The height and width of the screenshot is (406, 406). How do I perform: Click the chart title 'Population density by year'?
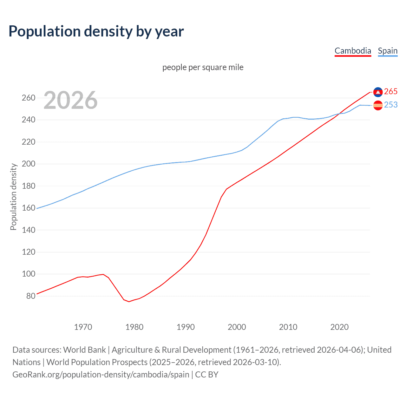pos(96,31)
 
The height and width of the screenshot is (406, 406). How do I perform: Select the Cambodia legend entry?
pos(353,51)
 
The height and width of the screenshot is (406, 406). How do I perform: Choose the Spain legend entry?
pos(388,51)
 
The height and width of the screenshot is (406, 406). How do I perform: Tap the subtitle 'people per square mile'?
pos(203,67)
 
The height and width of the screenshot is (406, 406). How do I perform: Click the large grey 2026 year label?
pos(70,100)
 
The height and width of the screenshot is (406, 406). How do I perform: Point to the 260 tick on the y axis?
pos(28,98)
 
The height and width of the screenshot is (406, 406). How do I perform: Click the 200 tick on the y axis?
pos(28,164)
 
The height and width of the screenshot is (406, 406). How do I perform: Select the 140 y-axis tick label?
pos(28,230)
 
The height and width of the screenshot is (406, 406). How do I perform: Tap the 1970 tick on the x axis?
pos(83,327)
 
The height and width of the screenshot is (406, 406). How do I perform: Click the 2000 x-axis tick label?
pos(237,327)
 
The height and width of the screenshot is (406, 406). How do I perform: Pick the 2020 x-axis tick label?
pos(339,327)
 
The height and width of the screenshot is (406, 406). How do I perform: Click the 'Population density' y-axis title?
pos(13,197)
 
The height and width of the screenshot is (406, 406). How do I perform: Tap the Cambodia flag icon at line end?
pos(378,92)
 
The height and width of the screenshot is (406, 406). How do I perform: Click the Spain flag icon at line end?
pos(378,105)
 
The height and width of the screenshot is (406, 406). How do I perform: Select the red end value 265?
pos(391,92)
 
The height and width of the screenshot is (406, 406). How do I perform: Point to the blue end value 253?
pos(391,105)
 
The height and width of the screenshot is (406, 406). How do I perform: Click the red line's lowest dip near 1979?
pos(129,301)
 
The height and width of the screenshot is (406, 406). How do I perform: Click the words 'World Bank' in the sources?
pos(84,350)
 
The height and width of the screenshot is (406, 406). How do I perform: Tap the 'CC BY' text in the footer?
pos(207,375)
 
